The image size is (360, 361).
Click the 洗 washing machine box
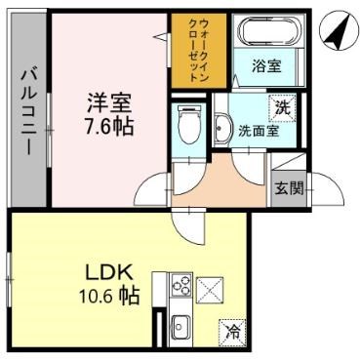(281, 106)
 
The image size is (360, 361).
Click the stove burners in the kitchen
(180, 285)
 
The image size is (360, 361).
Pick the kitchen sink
(180, 327)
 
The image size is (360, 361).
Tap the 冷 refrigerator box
(232, 331)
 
